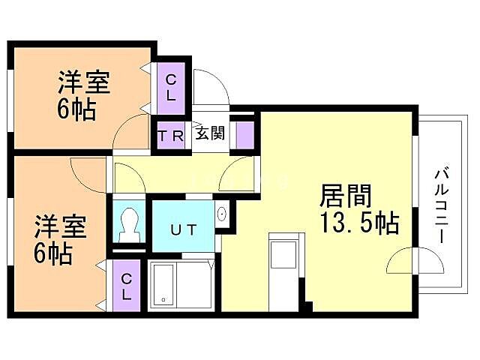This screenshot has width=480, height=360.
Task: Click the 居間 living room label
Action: click(346, 196)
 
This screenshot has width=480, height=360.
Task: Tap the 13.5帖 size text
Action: click(359, 223)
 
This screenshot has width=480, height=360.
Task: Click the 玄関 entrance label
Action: click(210, 135)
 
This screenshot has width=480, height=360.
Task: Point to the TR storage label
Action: click(171, 136)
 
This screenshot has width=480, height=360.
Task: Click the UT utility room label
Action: click(184, 229)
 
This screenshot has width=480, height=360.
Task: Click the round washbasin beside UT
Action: click(222, 214)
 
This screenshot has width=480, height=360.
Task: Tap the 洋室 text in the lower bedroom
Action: click(60, 227)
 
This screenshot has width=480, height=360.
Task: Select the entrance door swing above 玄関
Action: click(211, 88)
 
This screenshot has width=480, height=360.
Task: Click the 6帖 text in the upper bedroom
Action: click(76, 110)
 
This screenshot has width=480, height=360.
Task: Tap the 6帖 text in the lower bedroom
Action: click(53, 253)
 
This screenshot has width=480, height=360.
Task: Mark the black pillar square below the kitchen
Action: click(307, 306)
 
